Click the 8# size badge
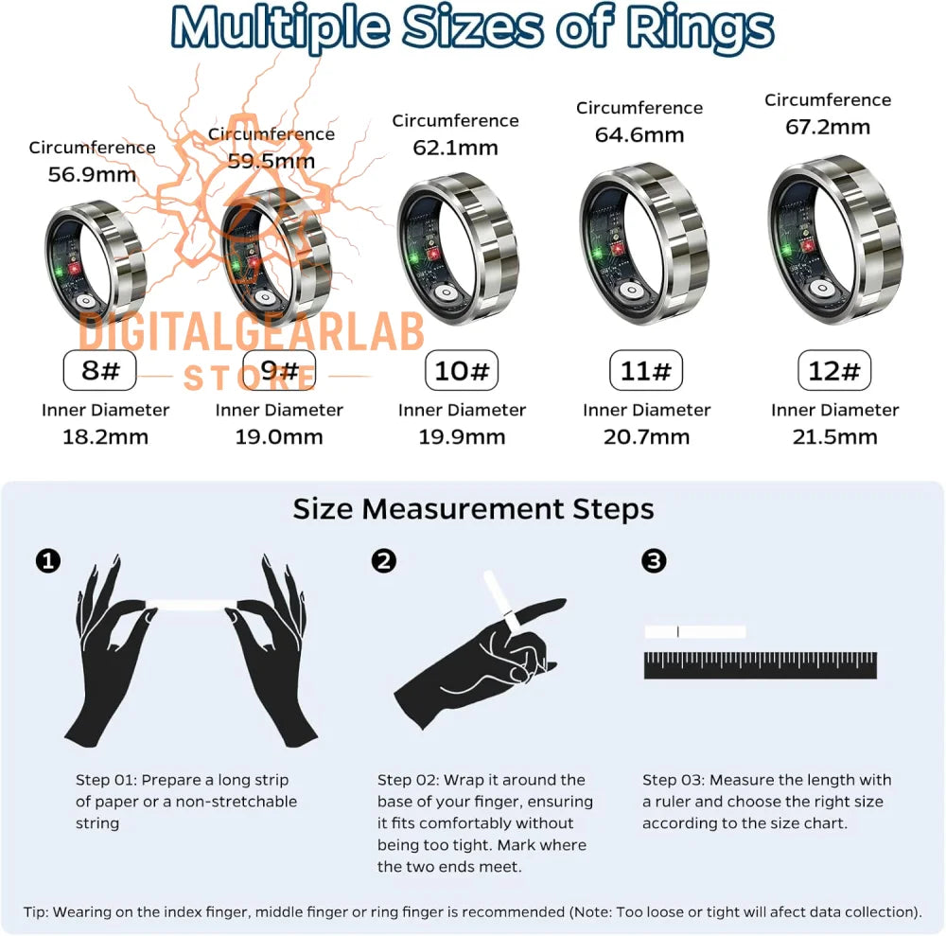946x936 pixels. pos(99,370)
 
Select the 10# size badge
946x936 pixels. pos(462,370)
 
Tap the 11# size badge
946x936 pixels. pos(646,370)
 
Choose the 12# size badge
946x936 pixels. pos(834,370)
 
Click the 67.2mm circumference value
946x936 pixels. pos(828,128)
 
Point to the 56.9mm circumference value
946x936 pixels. pos(92,174)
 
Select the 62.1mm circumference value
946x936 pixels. pos(456,148)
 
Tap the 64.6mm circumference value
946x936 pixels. pos(639,134)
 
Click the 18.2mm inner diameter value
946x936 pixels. pos(106,436)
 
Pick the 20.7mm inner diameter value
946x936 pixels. pos(647,436)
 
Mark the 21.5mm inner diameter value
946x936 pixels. pos(835,436)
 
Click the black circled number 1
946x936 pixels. pos(48,560)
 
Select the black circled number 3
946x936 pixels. pos(654,560)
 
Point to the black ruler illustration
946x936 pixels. pos(761,665)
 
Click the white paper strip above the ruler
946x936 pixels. pos(695,632)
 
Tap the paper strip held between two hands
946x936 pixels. pos(192,605)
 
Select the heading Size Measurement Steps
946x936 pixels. pos(474,509)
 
